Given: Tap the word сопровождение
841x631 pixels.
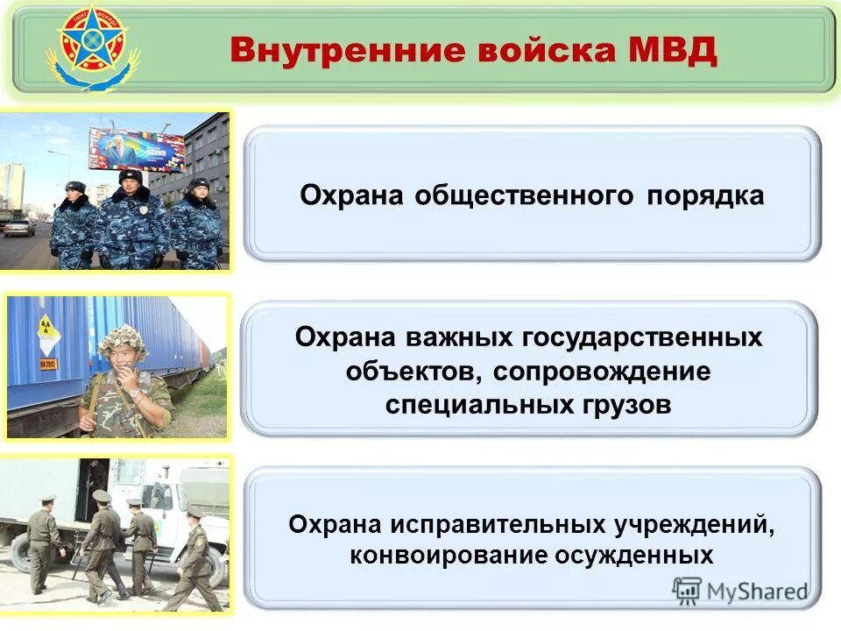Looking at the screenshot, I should (x=602, y=371).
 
